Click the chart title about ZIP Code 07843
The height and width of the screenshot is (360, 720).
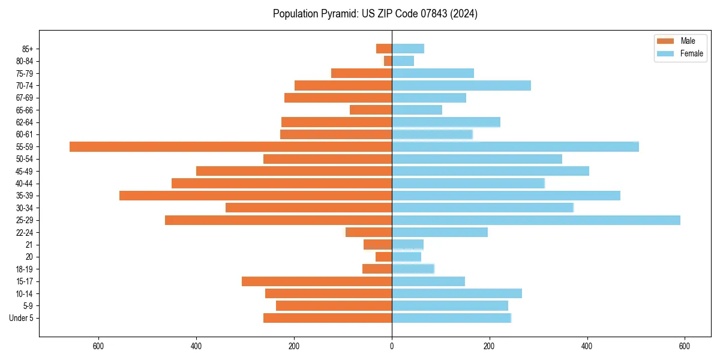tap(375, 14)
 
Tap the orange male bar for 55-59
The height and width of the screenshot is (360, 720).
tap(231, 146)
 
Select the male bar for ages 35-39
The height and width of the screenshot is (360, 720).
tap(256, 196)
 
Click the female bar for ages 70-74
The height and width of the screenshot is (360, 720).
tap(461, 85)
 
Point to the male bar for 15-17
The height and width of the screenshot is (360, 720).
tap(317, 281)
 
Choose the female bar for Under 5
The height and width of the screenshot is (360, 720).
tap(451, 318)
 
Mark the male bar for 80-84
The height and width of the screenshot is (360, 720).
tap(388, 61)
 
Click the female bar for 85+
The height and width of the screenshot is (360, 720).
tap(408, 49)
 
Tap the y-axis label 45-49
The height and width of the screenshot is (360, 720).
tap(25, 171)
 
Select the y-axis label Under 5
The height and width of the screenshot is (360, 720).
tap(22, 318)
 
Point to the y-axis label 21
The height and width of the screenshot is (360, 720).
tap(29, 245)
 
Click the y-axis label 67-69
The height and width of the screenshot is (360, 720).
tap(25, 98)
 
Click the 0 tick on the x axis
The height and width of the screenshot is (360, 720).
tap(392, 346)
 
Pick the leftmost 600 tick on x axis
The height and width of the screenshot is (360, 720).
tap(98, 346)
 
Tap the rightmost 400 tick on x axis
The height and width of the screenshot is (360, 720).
tap(587, 346)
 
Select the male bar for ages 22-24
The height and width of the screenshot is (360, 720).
tap(369, 232)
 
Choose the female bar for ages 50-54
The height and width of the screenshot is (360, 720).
tap(477, 159)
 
